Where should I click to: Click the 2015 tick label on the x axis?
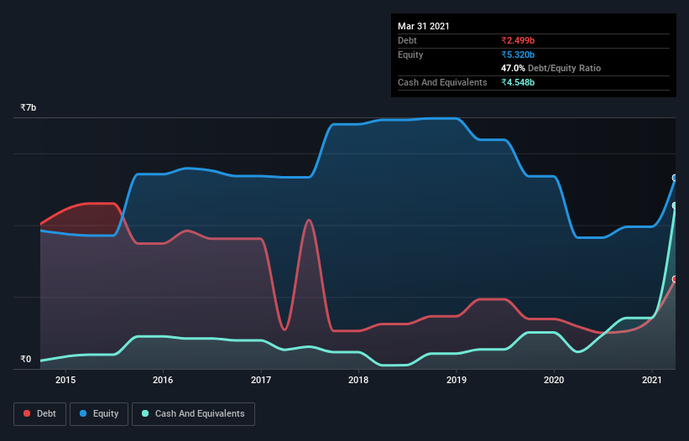(x=65, y=380)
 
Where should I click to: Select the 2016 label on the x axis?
(x=163, y=380)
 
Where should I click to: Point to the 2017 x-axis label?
(x=261, y=380)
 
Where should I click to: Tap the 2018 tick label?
(x=358, y=380)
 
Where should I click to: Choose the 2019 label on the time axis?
(x=457, y=380)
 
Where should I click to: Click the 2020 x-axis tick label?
(x=554, y=380)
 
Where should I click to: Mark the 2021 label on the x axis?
(x=652, y=380)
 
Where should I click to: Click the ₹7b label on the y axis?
(x=29, y=108)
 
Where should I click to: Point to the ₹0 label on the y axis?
(x=26, y=360)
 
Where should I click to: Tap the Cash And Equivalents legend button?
(x=193, y=413)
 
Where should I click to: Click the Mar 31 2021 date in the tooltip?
(x=424, y=26)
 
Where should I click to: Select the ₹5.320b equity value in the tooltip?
(x=518, y=54)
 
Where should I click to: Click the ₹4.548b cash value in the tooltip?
(x=518, y=82)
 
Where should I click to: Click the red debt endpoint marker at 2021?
(x=675, y=279)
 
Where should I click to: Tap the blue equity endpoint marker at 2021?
(x=675, y=178)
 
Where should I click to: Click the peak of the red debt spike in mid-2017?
(x=310, y=220)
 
